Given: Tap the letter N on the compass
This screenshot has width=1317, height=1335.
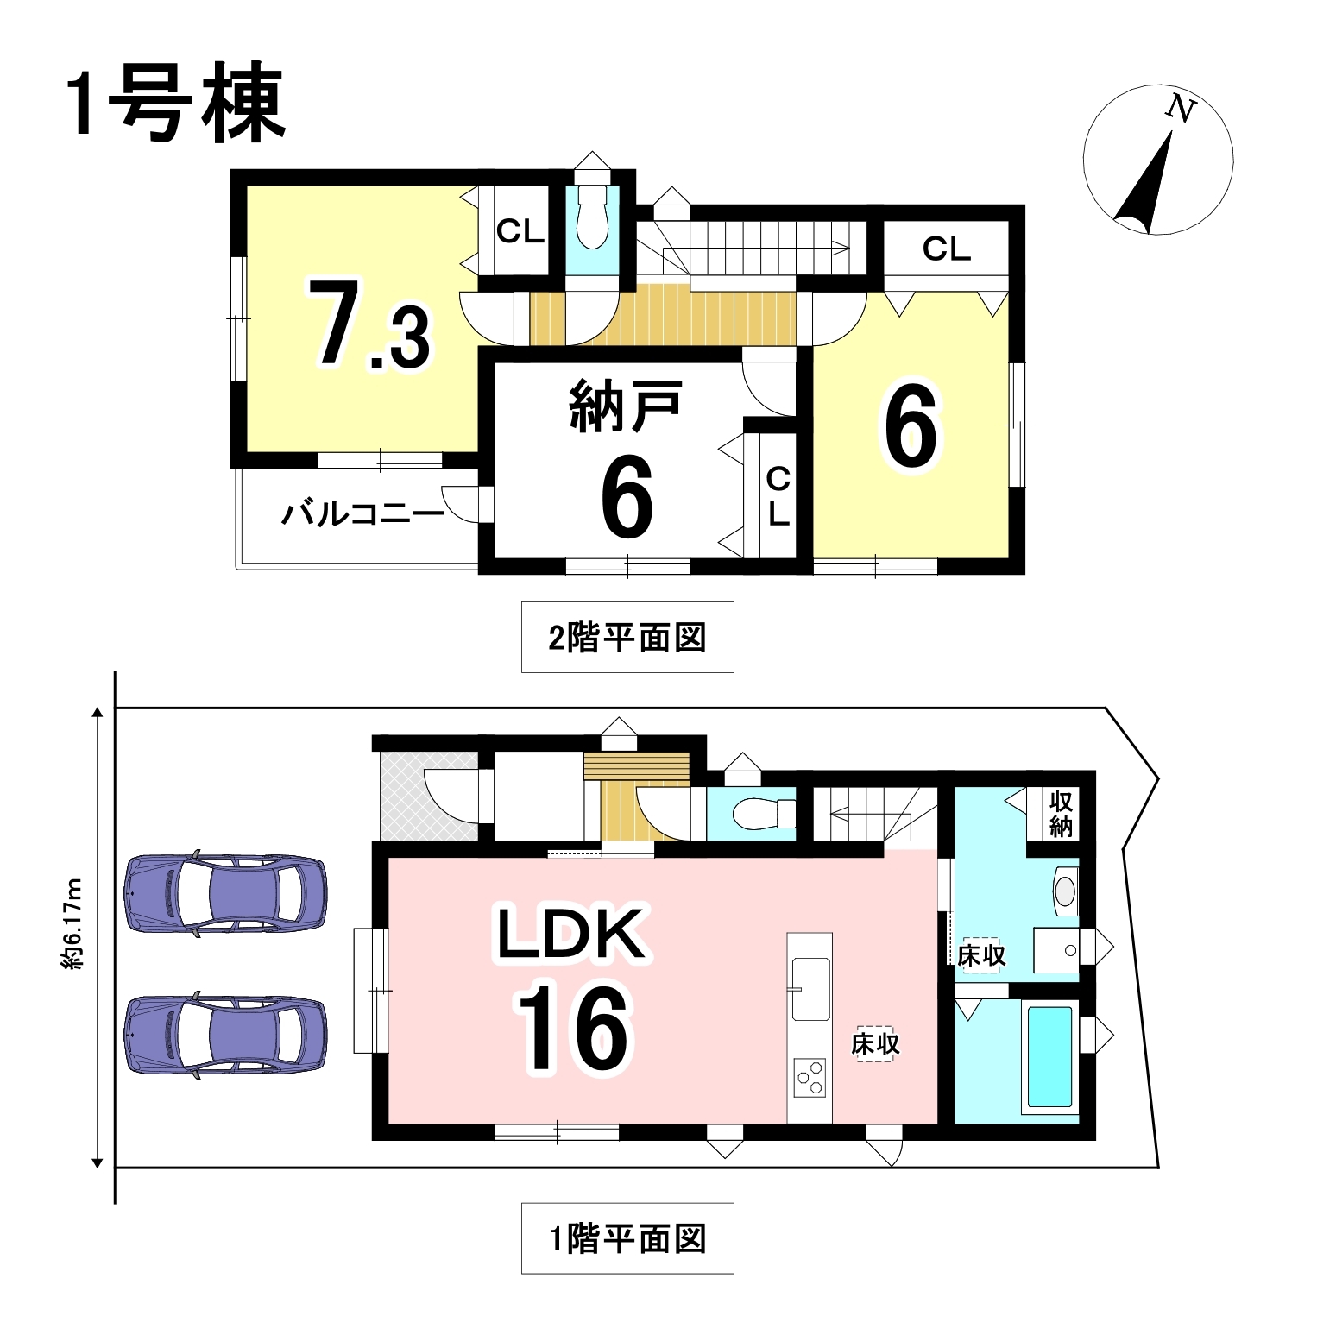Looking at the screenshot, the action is coord(1180,109).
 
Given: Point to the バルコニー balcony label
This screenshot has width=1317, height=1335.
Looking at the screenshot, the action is coord(363,515).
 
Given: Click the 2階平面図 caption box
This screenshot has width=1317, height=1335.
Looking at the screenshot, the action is coord(627,637).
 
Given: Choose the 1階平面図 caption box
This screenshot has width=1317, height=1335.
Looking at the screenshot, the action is coord(627,1238).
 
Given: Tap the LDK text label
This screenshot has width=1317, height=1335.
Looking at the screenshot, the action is coord(570,934).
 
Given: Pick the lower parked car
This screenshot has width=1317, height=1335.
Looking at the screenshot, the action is coord(226,1036).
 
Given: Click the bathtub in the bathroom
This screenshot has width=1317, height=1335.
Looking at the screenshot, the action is coord(1049,1056).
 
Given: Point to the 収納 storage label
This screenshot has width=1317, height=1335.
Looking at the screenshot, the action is coord(1061,814).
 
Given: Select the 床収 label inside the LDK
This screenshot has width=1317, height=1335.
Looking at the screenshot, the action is coord(875,1044).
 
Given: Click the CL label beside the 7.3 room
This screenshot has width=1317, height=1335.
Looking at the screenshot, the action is coord(520,231).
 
